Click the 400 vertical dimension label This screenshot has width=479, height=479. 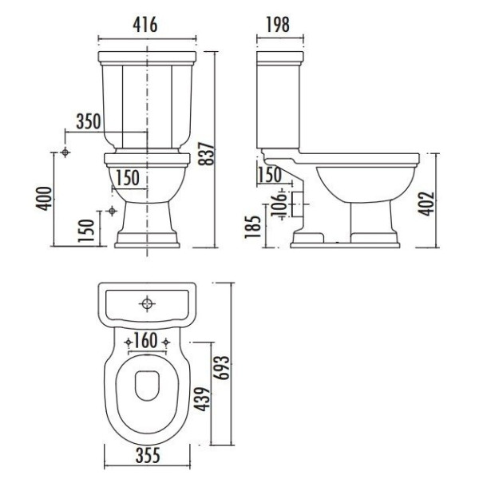[45, 196]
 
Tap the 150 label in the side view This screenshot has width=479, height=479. [270, 175]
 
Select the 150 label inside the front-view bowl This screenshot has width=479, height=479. [128, 177]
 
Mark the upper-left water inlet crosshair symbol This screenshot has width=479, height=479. [66, 152]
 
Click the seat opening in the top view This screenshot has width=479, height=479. [147, 386]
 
